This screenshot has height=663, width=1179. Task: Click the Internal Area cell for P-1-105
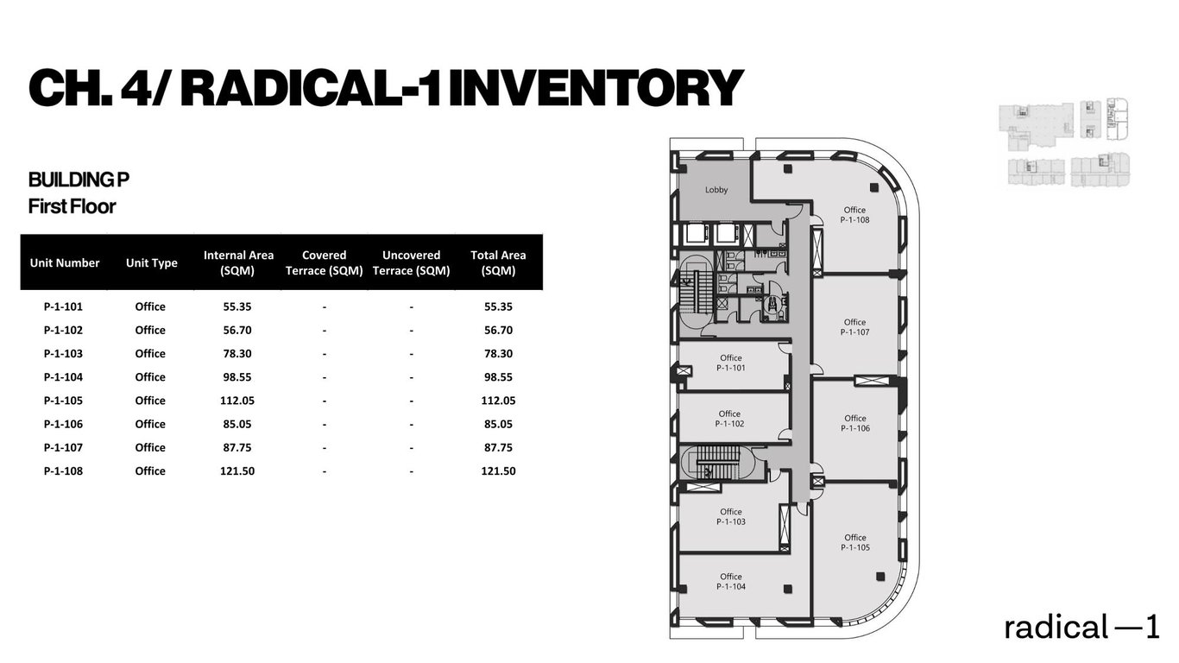[238, 401]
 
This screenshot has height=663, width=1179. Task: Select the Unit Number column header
[65, 263]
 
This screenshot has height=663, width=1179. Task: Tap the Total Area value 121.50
[498, 471]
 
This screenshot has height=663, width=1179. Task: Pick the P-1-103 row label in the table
[63, 354]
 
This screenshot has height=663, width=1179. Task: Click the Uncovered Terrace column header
[412, 262]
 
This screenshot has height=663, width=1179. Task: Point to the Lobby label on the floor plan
[716, 190]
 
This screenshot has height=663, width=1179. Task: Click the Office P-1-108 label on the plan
[854, 215]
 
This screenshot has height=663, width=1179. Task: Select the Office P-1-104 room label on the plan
[730, 582]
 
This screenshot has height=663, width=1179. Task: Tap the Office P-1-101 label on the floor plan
[730, 363]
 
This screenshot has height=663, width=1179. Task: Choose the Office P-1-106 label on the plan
[854, 423]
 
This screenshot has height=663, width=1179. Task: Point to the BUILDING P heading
[79, 180]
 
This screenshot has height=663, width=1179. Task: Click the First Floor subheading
[72, 206]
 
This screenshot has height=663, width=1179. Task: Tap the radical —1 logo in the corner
[1081, 628]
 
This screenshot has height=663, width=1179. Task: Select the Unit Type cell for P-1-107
[150, 448]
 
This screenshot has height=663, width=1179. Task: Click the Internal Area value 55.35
[238, 306]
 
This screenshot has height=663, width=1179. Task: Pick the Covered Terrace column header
[325, 262]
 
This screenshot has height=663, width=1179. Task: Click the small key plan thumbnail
[1063, 144]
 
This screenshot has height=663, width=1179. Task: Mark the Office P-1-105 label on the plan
[854, 542]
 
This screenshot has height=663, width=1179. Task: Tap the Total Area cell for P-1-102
[498, 331]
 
